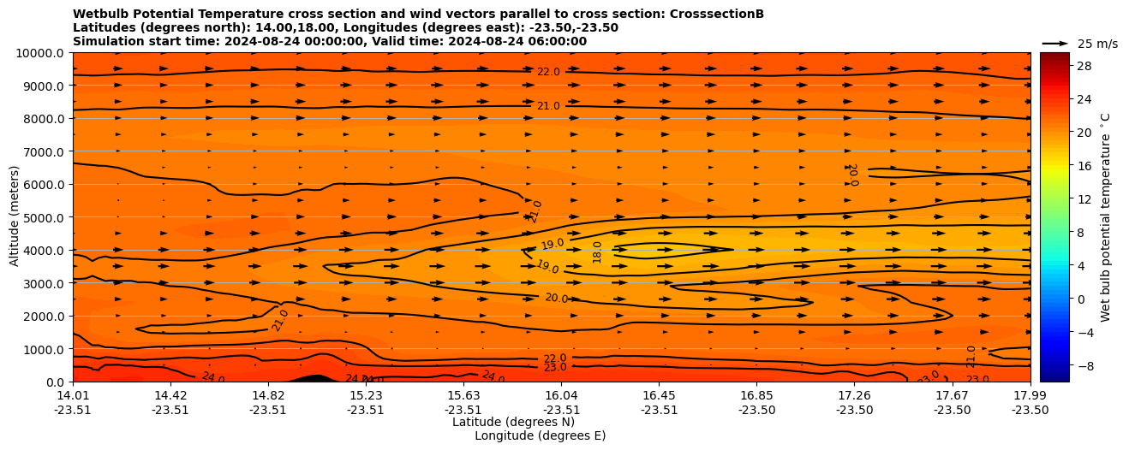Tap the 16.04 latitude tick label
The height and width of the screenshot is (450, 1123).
pos(561,395)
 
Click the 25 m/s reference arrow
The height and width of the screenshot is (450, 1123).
pos(1054,43)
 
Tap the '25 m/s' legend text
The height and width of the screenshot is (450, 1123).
pos(1097,44)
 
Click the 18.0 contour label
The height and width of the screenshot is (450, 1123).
pos(597,252)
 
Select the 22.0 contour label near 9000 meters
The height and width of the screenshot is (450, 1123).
pos(548,72)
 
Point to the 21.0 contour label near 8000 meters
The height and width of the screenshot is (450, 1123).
pos(548,106)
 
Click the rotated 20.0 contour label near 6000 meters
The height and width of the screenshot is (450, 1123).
pos(851,175)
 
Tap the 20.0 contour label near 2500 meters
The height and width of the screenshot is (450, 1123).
pos(556,299)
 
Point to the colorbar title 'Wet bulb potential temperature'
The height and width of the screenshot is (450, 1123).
pos(1105,222)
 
